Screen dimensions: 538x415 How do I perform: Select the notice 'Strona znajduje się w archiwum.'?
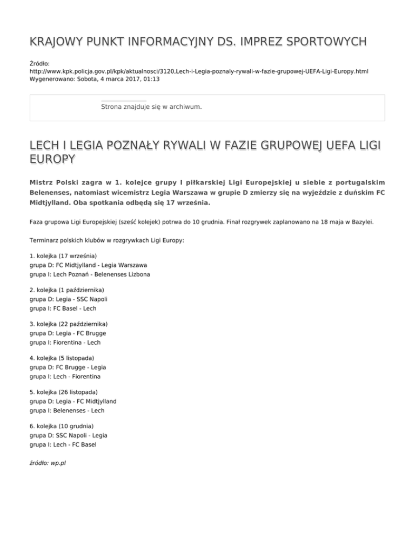(151, 107)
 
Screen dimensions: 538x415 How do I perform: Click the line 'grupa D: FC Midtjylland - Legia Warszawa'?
(89, 265)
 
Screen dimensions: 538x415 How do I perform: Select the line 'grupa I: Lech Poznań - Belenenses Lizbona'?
(90, 274)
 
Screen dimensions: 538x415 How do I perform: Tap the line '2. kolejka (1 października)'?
(67, 290)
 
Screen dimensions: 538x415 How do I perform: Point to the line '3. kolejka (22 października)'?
(69, 323)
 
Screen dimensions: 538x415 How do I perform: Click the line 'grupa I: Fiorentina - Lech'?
(65, 343)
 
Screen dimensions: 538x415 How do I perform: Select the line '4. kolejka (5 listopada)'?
(62, 358)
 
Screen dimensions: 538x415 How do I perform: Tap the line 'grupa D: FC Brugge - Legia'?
(68, 368)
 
